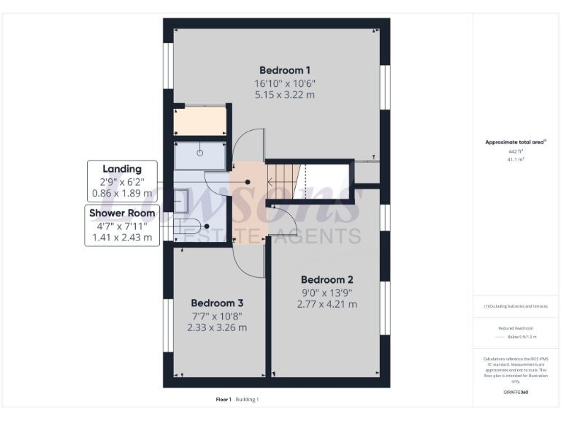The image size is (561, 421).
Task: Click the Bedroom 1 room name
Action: pyautogui.click(x=280, y=70)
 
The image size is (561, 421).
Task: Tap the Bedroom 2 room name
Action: pyautogui.click(x=327, y=279)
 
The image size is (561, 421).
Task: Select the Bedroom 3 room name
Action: pyautogui.click(x=217, y=303)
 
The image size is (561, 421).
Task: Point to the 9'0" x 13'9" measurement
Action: pyautogui.click(x=327, y=292)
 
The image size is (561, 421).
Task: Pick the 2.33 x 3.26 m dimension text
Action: pyautogui.click(x=217, y=327)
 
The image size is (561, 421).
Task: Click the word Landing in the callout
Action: pyautogui.click(x=122, y=169)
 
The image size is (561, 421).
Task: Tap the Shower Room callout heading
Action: pyautogui.click(x=122, y=213)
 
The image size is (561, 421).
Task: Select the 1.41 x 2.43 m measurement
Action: pyautogui.click(x=122, y=238)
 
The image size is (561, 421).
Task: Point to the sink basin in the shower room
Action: pyautogui.click(x=182, y=200)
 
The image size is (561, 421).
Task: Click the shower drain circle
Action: pyautogui.click(x=199, y=153)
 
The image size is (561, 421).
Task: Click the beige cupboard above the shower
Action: pyautogui.click(x=199, y=121)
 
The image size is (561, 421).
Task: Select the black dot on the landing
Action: pyautogui.click(x=248, y=182)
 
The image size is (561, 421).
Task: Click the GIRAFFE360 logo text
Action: pyautogui.click(x=516, y=392)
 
